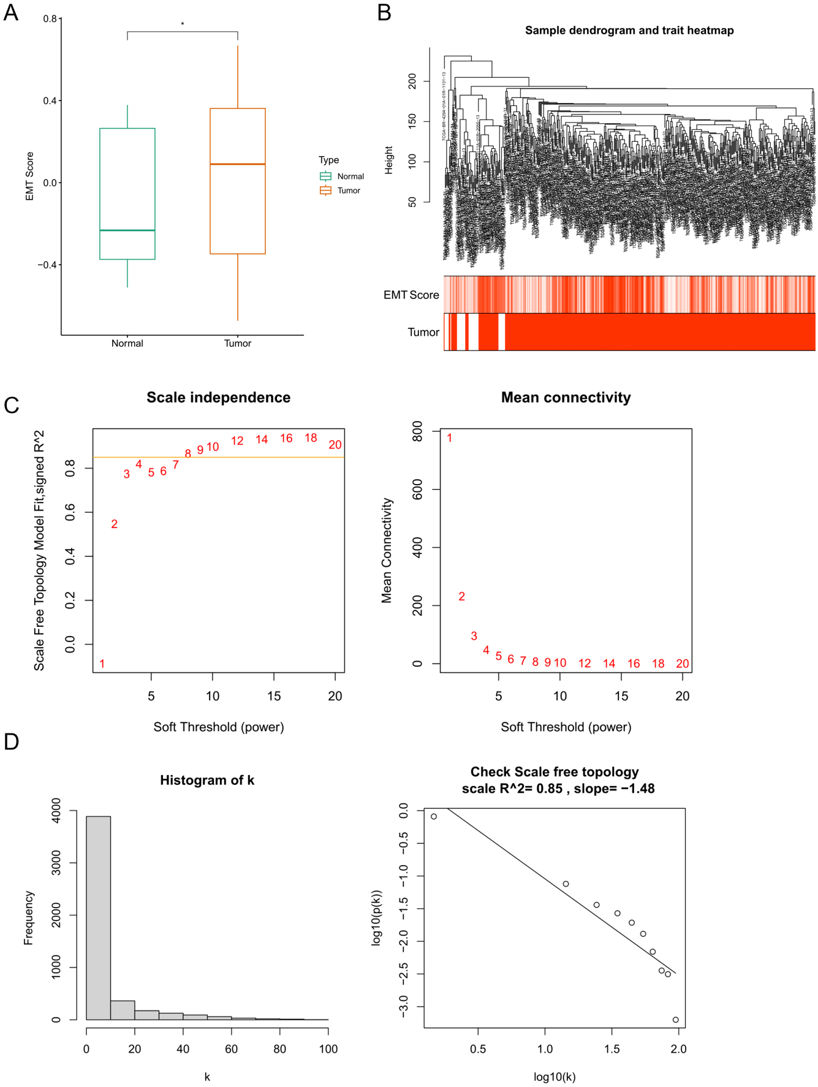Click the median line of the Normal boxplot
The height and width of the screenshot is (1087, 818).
(127, 230)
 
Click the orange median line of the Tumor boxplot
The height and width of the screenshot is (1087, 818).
(238, 164)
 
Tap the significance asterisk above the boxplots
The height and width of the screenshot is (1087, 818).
(183, 25)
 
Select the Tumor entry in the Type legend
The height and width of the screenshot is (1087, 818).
(348, 191)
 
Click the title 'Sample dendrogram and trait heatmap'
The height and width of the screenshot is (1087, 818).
(629, 31)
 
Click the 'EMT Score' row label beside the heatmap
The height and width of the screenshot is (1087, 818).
(411, 295)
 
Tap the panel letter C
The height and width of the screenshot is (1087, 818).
(12, 406)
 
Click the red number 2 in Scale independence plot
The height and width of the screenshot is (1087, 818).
(115, 524)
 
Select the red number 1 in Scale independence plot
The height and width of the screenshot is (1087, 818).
(102, 664)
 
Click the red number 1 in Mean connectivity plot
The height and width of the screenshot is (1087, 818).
(449, 438)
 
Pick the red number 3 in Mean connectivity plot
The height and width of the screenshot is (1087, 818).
(474, 636)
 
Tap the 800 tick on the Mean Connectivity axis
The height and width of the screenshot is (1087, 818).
(418, 431)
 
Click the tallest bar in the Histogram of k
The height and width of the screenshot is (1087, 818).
(99, 919)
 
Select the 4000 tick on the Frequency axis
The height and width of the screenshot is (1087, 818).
(56, 811)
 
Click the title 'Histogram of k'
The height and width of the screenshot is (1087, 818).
(207, 781)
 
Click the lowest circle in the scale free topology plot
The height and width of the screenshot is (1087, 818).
(676, 1020)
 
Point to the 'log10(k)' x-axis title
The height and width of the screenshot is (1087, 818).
(555, 1077)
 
